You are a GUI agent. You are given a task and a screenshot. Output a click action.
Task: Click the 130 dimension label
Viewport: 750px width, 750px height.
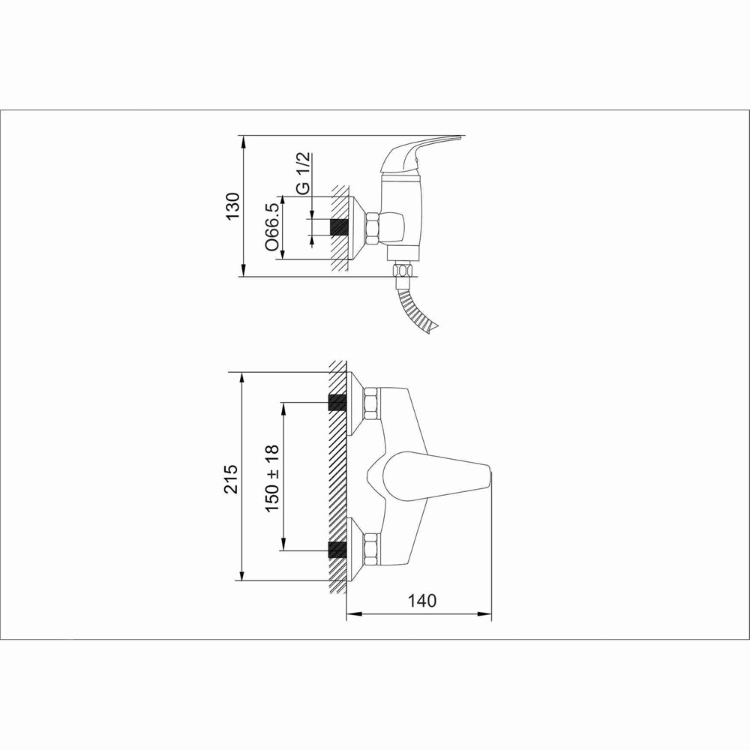[x=232, y=206]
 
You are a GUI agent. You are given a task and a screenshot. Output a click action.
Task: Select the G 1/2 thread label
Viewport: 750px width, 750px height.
[x=303, y=173]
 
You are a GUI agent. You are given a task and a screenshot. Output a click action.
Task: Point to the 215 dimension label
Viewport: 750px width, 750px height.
[x=231, y=478]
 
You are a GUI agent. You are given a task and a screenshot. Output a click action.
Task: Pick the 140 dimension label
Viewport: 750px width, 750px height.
[x=421, y=600]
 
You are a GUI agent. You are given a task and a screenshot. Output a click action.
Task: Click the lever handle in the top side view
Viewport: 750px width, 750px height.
[x=421, y=154]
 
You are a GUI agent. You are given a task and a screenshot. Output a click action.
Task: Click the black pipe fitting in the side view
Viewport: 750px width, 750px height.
[x=339, y=227]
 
